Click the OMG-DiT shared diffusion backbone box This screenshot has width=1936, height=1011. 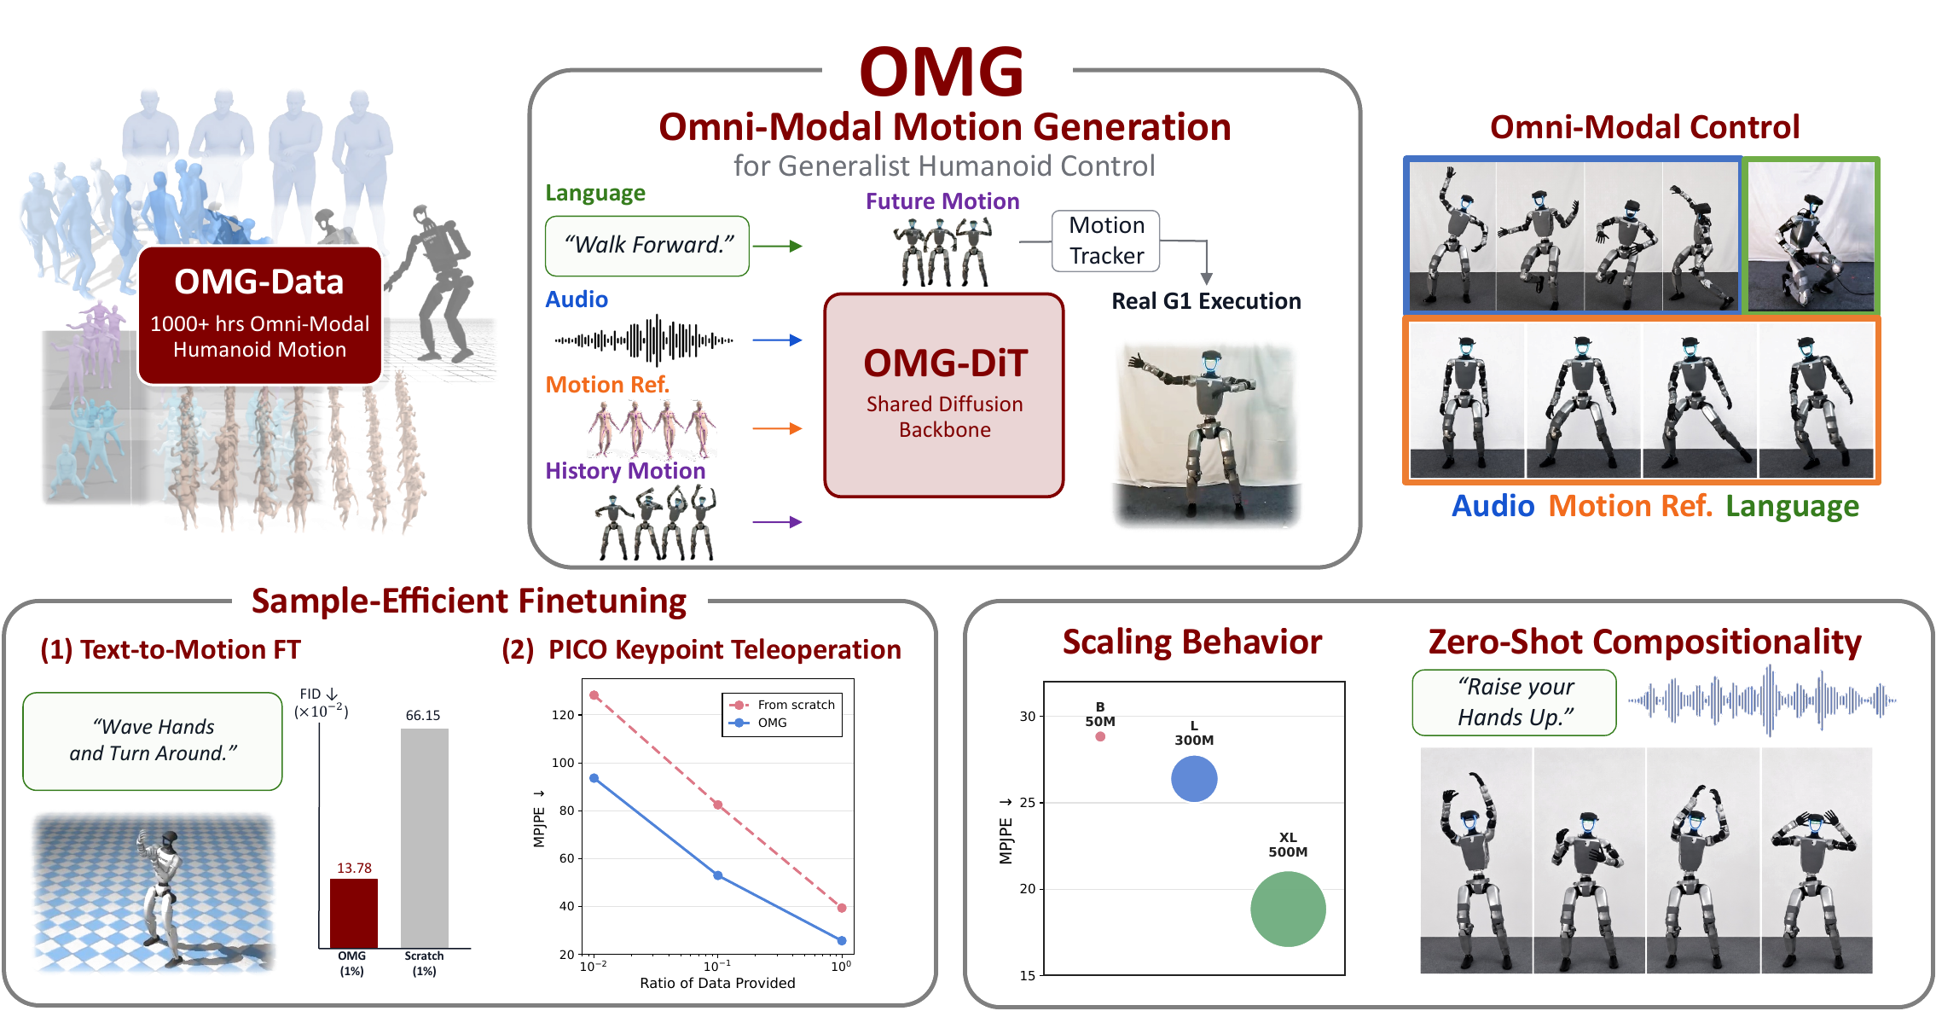click(944, 395)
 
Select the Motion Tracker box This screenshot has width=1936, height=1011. click(1106, 241)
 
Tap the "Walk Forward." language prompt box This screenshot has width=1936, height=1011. click(647, 246)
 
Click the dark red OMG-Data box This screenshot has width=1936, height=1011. click(259, 315)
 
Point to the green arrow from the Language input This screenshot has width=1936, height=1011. click(778, 247)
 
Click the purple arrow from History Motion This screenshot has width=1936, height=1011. click(778, 522)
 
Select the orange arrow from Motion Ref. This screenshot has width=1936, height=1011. click(778, 428)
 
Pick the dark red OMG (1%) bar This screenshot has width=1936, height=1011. click(354, 913)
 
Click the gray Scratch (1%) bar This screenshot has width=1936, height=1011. click(425, 838)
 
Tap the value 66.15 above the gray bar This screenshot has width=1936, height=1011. click(423, 715)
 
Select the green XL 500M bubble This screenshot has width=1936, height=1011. click(1288, 909)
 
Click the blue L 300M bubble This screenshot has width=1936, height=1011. click(1194, 779)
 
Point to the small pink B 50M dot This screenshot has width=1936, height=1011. click(1100, 736)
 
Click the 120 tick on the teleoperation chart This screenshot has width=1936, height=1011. click(563, 715)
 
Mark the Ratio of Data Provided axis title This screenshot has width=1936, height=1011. click(717, 983)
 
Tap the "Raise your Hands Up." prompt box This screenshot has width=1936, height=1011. click(1515, 702)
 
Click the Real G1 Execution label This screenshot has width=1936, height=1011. click(1206, 301)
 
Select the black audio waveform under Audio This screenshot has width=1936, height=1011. click(644, 340)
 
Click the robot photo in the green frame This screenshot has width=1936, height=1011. click(1811, 236)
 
